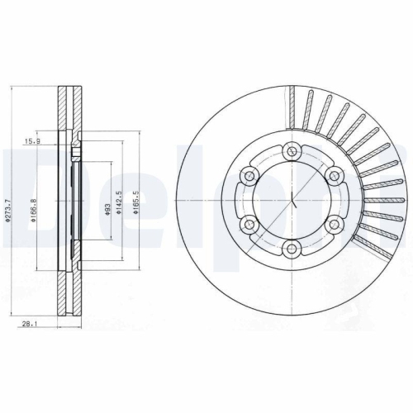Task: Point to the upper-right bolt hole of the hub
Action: coord(336,175)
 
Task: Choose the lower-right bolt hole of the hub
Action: coord(336,225)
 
